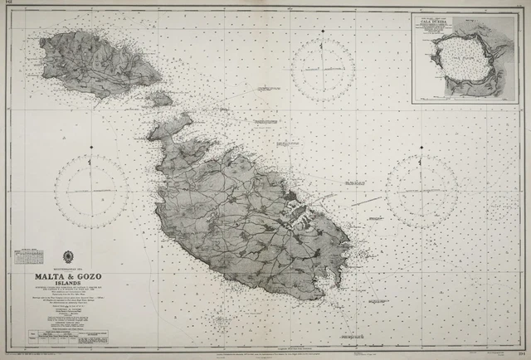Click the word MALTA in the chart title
pyautogui.click(x=51, y=279)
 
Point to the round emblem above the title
pyautogui.click(x=70, y=257)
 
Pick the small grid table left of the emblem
pyautogui.click(x=30, y=254)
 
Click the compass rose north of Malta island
pyautogui.click(x=324, y=66)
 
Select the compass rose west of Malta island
pyautogui.click(x=91, y=190)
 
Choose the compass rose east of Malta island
pyautogui.click(x=421, y=191)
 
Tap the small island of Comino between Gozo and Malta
pyautogui.click(x=161, y=99)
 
